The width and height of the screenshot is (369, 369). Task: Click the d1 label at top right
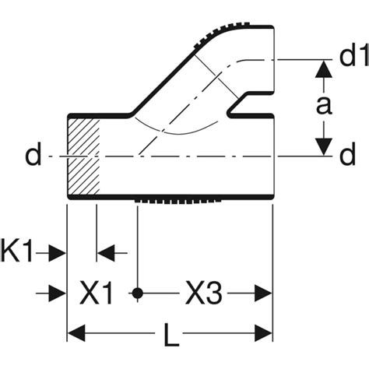(x=354, y=56)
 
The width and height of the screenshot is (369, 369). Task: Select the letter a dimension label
(x=324, y=106)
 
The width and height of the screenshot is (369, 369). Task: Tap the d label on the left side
(x=33, y=155)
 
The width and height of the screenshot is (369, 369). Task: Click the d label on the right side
(x=347, y=155)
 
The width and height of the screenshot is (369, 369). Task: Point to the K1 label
(x=16, y=251)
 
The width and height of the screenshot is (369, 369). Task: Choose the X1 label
(x=97, y=293)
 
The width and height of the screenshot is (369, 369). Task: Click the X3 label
(x=204, y=293)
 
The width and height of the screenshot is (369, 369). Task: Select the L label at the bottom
(x=171, y=335)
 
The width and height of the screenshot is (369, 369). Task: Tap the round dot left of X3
(x=137, y=293)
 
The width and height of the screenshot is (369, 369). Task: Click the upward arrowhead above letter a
(x=324, y=69)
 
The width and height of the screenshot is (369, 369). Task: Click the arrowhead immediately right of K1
(x=57, y=252)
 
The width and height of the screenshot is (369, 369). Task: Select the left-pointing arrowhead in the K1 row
(x=106, y=252)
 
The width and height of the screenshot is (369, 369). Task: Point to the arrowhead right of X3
(x=263, y=293)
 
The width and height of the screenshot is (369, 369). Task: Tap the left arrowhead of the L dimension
(x=76, y=333)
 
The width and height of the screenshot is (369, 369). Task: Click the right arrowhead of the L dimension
(x=263, y=333)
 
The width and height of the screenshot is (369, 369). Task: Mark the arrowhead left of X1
(x=57, y=293)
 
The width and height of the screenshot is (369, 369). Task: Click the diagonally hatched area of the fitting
(x=83, y=156)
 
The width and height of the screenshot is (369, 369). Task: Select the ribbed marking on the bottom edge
(x=178, y=202)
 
